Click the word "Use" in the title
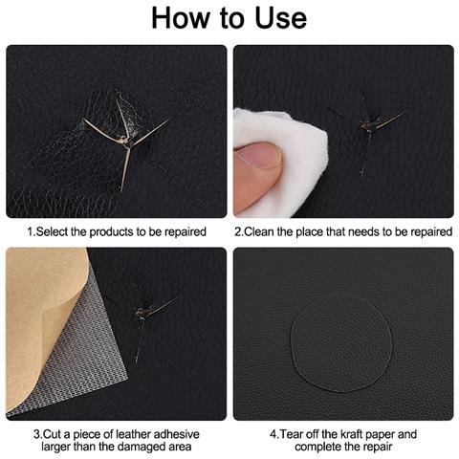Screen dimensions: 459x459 280,18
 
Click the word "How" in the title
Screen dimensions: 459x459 180,18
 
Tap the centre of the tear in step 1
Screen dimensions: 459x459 126,141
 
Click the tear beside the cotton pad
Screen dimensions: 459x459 370,127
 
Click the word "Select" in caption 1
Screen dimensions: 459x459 52,231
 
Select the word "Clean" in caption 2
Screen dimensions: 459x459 258,231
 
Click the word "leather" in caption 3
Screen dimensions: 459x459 133,434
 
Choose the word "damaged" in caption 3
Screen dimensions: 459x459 140,447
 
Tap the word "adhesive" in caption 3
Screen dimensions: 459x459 177,434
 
